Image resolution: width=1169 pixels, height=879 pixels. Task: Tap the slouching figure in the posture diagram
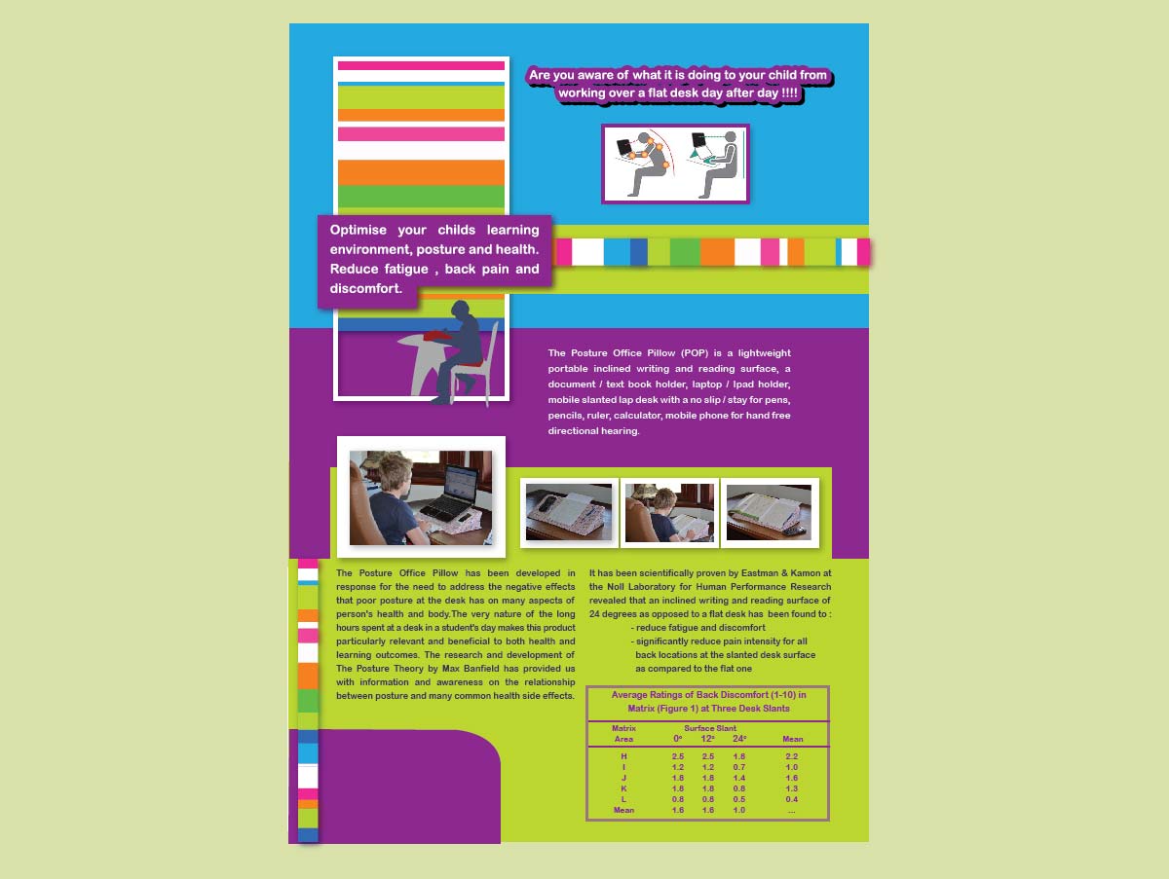pos(644,163)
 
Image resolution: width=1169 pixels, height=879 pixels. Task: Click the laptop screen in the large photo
pos(461,482)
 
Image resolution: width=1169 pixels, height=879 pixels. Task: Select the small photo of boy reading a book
pos(669,513)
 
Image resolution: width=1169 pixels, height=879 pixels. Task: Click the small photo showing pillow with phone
pos(568,513)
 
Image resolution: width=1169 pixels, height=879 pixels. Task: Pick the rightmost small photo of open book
pos(770,513)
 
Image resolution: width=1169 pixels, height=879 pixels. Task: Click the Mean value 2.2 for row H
pos(791,756)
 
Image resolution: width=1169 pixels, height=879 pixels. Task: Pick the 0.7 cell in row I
pos(738,767)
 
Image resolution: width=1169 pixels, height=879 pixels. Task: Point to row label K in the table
pos(623,788)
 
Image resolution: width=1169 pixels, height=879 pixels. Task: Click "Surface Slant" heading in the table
pos(710,728)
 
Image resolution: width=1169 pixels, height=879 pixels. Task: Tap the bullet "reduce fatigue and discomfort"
pos(699,628)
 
